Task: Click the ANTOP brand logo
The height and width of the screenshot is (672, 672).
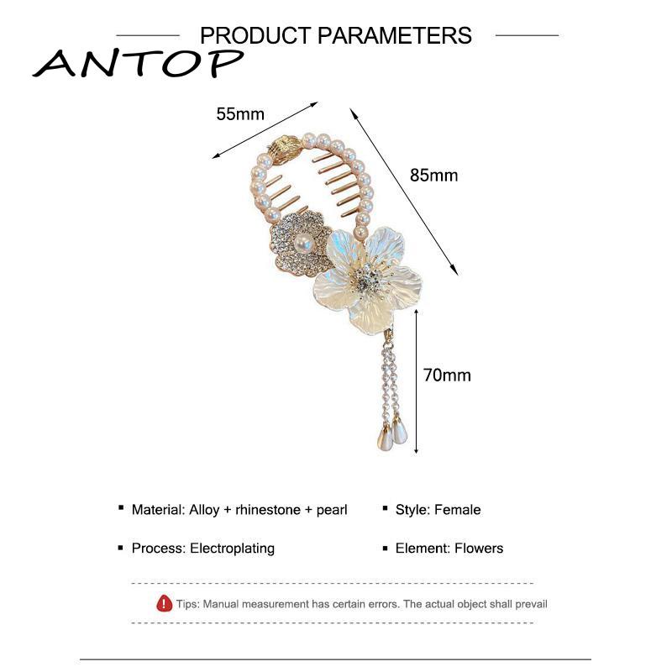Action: [x=138, y=62]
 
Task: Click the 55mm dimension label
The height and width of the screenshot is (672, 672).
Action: [x=240, y=114]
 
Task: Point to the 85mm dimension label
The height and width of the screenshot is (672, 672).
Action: [x=433, y=176]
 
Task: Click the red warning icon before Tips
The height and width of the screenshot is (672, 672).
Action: [x=165, y=603]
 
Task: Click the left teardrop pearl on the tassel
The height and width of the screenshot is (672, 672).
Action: [x=382, y=437]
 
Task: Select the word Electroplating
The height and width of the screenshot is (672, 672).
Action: [x=233, y=549]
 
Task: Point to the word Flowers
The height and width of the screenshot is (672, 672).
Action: [x=479, y=549]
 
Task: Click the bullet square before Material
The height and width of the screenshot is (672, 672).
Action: [x=122, y=509]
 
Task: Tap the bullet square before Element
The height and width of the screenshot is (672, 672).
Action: [x=386, y=548]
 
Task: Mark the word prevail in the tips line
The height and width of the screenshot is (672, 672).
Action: [x=528, y=604]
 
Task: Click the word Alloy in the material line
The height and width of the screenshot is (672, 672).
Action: [x=206, y=510]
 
